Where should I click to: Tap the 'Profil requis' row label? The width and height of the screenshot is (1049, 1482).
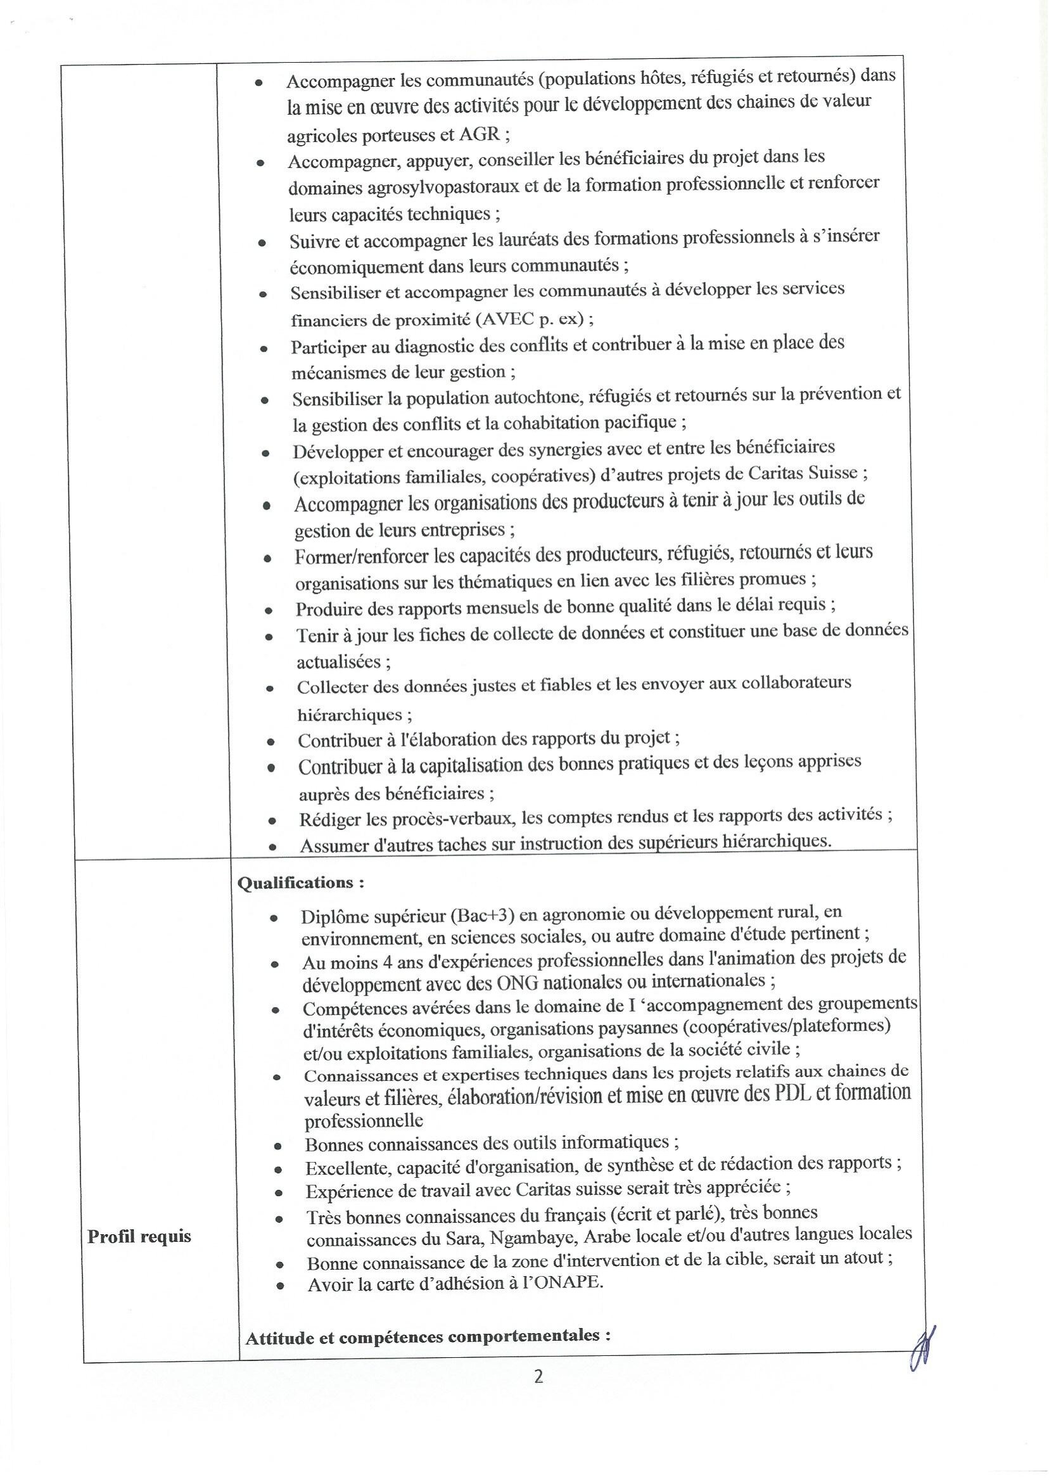click(139, 1237)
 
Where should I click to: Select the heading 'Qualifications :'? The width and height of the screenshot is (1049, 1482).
click(300, 883)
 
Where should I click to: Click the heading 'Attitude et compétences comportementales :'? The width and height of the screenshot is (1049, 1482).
click(428, 1337)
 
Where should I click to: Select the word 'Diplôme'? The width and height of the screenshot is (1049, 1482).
click(334, 917)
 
